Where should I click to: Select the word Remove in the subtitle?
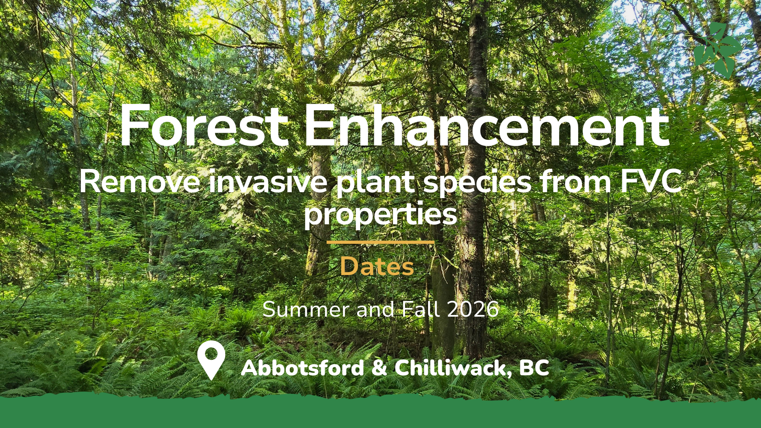140,182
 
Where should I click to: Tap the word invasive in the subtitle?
268,182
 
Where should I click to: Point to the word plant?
375,184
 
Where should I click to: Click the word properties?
380,216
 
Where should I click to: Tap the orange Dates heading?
377,266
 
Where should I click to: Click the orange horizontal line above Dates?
380,242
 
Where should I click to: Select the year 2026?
473,309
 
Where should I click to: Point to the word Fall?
421,309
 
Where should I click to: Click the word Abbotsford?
302,368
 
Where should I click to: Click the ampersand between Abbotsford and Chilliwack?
379,368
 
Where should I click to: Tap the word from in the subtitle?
576,182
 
